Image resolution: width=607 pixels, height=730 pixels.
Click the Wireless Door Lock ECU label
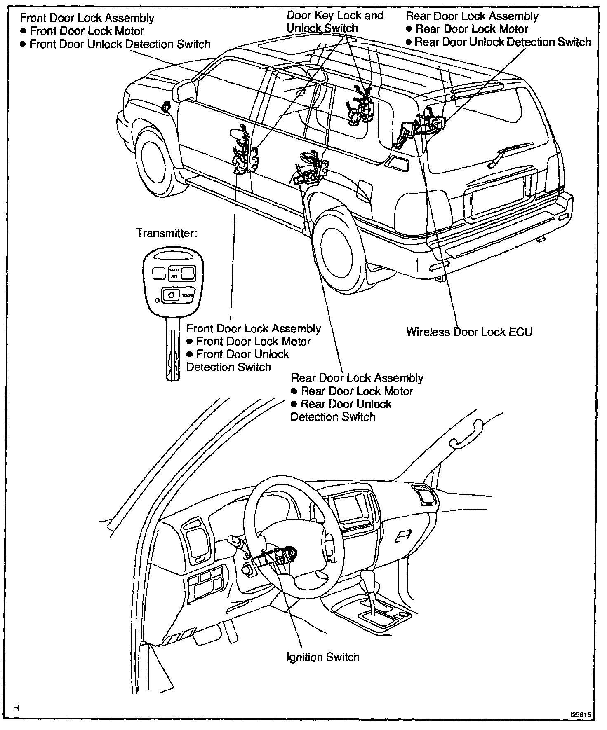coord(469,332)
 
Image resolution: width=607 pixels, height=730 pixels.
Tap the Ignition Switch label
coord(322,657)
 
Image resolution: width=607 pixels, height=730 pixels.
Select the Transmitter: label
coord(167,233)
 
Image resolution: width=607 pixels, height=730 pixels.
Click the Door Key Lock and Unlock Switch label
coord(334,22)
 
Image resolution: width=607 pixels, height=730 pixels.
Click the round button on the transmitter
coord(171,295)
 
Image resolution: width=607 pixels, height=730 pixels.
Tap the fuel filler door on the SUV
coord(363,190)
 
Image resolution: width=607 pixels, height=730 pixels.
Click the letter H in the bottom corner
coord(16,708)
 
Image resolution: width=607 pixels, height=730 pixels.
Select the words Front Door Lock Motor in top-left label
coord(87,31)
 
